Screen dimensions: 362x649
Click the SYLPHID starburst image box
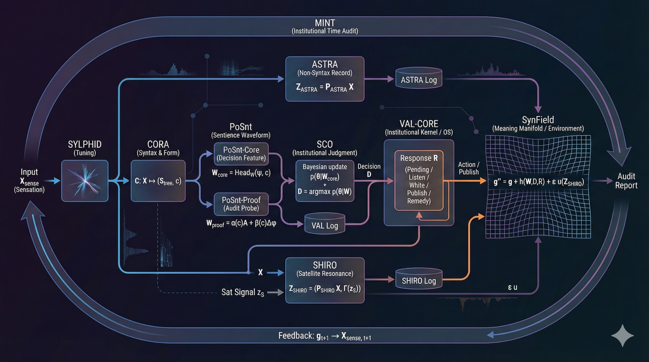pos(85,181)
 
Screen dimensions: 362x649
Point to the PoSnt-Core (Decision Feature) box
pos(241,154)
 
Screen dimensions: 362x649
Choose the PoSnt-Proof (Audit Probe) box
pos(241,204)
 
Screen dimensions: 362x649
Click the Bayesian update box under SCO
pos(325,181)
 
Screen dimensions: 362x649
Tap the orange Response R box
pos(419,180)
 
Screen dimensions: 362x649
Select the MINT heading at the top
pos(325,23)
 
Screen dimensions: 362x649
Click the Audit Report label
pos(626,181)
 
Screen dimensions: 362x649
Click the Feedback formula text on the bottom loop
pos(325,336)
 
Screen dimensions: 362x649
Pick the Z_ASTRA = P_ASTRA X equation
pos(325,87)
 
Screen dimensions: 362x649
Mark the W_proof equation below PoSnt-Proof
pos(241,223)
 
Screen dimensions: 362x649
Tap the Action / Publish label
pos(469,168)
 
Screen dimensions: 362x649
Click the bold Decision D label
pos(369,170)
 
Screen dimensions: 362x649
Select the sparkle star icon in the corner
pos(622,335)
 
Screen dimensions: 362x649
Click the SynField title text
pos(538,120)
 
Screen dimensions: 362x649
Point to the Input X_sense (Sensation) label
pos(29,181)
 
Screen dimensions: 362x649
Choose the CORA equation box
pos(158,181)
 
